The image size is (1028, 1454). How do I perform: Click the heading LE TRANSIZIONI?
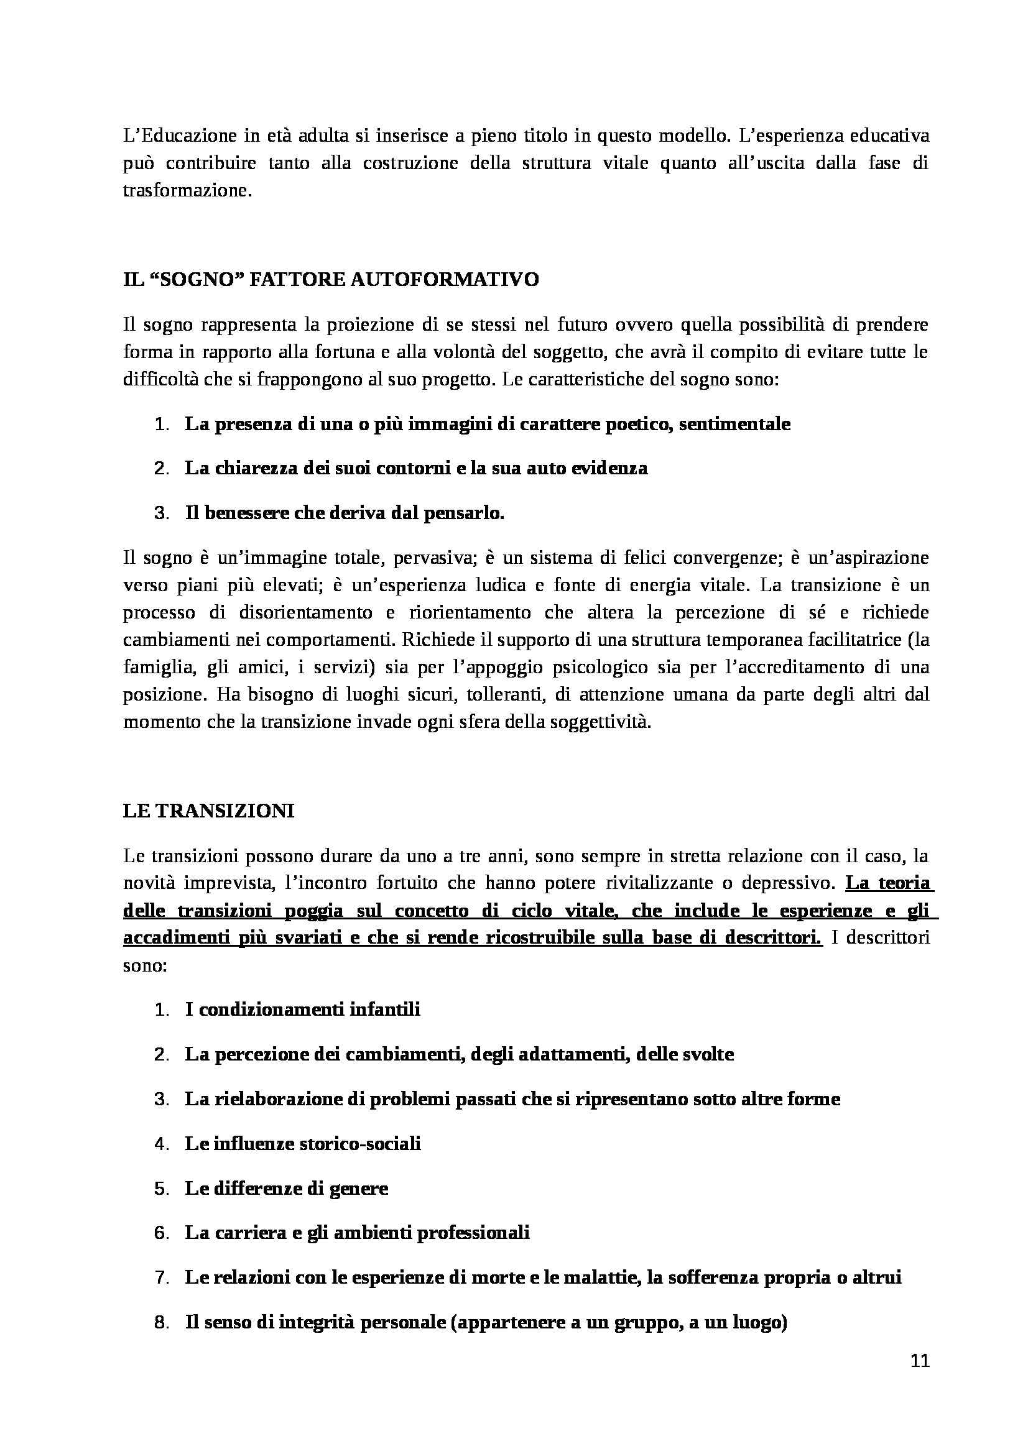click(208, 811)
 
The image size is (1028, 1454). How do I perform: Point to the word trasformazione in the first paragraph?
click(187, 191)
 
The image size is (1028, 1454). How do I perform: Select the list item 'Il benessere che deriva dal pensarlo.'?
click(345, 513)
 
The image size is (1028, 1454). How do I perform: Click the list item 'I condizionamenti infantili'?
click(303, 1010)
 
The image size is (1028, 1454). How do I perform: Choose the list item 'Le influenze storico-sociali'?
click(303, 1144)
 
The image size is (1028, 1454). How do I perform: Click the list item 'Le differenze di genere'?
click(286, 1189)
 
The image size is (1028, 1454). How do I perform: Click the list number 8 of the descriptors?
click(161, 1323)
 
